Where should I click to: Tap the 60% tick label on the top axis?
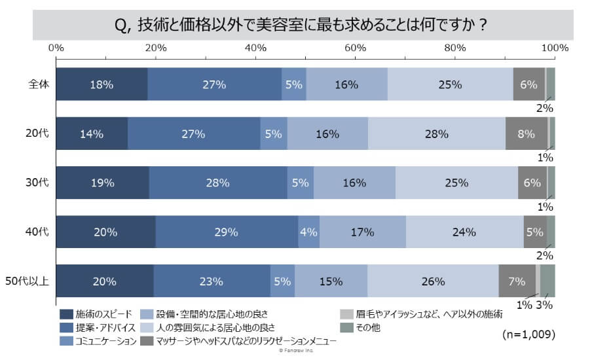tap(355, 48)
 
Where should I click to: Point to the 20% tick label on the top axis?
tap(156, 48)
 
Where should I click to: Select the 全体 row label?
tap(39, 84)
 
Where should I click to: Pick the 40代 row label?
tap(39, 232)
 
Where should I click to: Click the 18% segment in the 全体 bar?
tap(102, 84)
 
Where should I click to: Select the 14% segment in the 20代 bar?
tap(92, 134)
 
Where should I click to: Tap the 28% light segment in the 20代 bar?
tap(436, 134)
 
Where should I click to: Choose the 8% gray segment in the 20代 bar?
tap(526, 134)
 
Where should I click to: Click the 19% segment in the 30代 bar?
tap(103, 183)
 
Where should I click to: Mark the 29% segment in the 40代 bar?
tap(227, 232)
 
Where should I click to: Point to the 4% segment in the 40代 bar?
tap(308, 232)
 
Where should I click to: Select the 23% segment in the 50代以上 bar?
tap(212, 281)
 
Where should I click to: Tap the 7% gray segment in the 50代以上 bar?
tap(517, 281)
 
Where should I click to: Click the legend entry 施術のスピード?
tap(98, 313)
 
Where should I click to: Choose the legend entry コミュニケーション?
tap(98, 340)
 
